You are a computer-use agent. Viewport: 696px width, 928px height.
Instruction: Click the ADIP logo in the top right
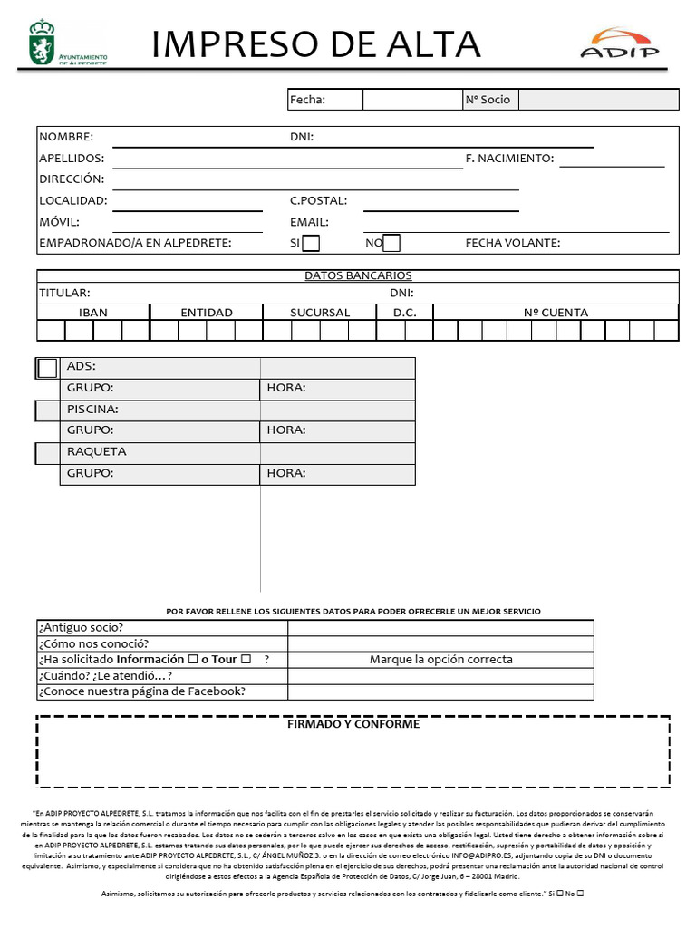coord(620,43)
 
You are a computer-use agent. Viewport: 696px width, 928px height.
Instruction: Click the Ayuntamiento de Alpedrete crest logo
coord(41,43)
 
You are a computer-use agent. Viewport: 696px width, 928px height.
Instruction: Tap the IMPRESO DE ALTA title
coord(316,43)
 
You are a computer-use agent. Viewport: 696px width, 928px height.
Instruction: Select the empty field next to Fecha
coord(411,100)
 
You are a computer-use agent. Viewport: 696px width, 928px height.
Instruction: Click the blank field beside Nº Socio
coord(598,100)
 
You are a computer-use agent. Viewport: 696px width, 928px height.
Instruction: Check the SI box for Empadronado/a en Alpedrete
coord(311,243)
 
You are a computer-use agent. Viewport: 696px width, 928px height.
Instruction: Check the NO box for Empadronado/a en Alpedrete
coord(391,243)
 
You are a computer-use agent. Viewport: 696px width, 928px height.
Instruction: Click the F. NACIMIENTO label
coord(508,159)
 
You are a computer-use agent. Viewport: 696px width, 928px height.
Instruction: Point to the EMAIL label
coord(309,222)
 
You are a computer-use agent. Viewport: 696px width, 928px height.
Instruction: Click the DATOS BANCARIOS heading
coord(358,275)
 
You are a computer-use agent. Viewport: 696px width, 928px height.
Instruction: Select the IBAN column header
coord(93,313)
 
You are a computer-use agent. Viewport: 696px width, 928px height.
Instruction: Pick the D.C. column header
coord(404,313)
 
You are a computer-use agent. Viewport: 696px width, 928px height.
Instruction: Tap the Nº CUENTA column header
coord(556,313)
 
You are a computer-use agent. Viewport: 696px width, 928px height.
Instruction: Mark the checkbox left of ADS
coord(47,368)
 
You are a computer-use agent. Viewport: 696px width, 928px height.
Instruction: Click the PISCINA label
coord(92,410)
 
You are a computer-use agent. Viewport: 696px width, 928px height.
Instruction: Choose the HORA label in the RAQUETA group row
coord(285,473)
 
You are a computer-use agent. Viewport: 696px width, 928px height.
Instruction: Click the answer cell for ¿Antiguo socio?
coord(440,628)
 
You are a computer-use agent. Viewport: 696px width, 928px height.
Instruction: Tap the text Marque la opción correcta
coord(440,659)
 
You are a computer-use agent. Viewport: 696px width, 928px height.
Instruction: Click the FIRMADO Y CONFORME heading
coord(353,724)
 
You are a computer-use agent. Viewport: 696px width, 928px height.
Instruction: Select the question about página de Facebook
coord(142,691)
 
